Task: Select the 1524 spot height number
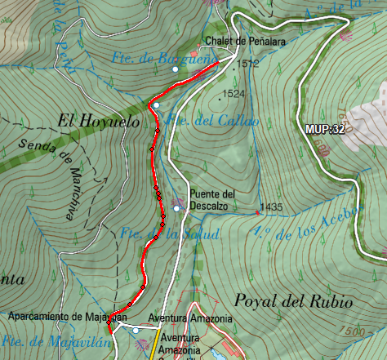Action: tap(234, 95)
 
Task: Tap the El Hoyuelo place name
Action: tap(91, 121)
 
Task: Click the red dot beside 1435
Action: tap(257, 212)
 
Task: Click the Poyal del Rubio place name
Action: tap(292, 301)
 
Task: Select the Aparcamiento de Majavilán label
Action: tap(69, 316)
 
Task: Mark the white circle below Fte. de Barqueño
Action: tap(175, 69)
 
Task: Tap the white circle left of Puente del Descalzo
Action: tap(176, 209)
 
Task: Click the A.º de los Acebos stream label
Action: tap(306, 224)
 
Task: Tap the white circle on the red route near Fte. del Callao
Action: tap(155, 104)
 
